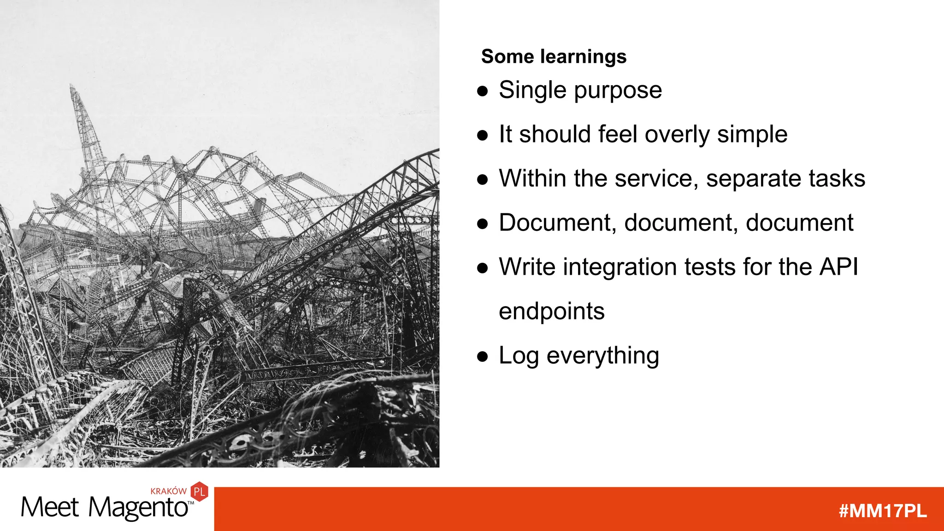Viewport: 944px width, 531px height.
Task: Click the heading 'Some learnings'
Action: [554, 57]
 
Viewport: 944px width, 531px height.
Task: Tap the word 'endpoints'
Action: [551, 312]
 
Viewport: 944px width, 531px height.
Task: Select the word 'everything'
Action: [602, 356]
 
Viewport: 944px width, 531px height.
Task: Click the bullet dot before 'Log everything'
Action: [482, 356]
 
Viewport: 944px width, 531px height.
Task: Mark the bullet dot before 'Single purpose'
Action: [482, 91]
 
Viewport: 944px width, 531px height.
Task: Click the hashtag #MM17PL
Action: [882, 511]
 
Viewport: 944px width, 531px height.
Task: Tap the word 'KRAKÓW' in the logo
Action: [168, 491]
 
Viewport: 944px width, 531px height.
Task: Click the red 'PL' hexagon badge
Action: [200, 492]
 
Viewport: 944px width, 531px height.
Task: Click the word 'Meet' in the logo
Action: [50, 508]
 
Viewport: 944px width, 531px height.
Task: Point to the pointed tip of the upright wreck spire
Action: [71, 85]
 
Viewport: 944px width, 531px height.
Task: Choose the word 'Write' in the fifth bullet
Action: [527, 267]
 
